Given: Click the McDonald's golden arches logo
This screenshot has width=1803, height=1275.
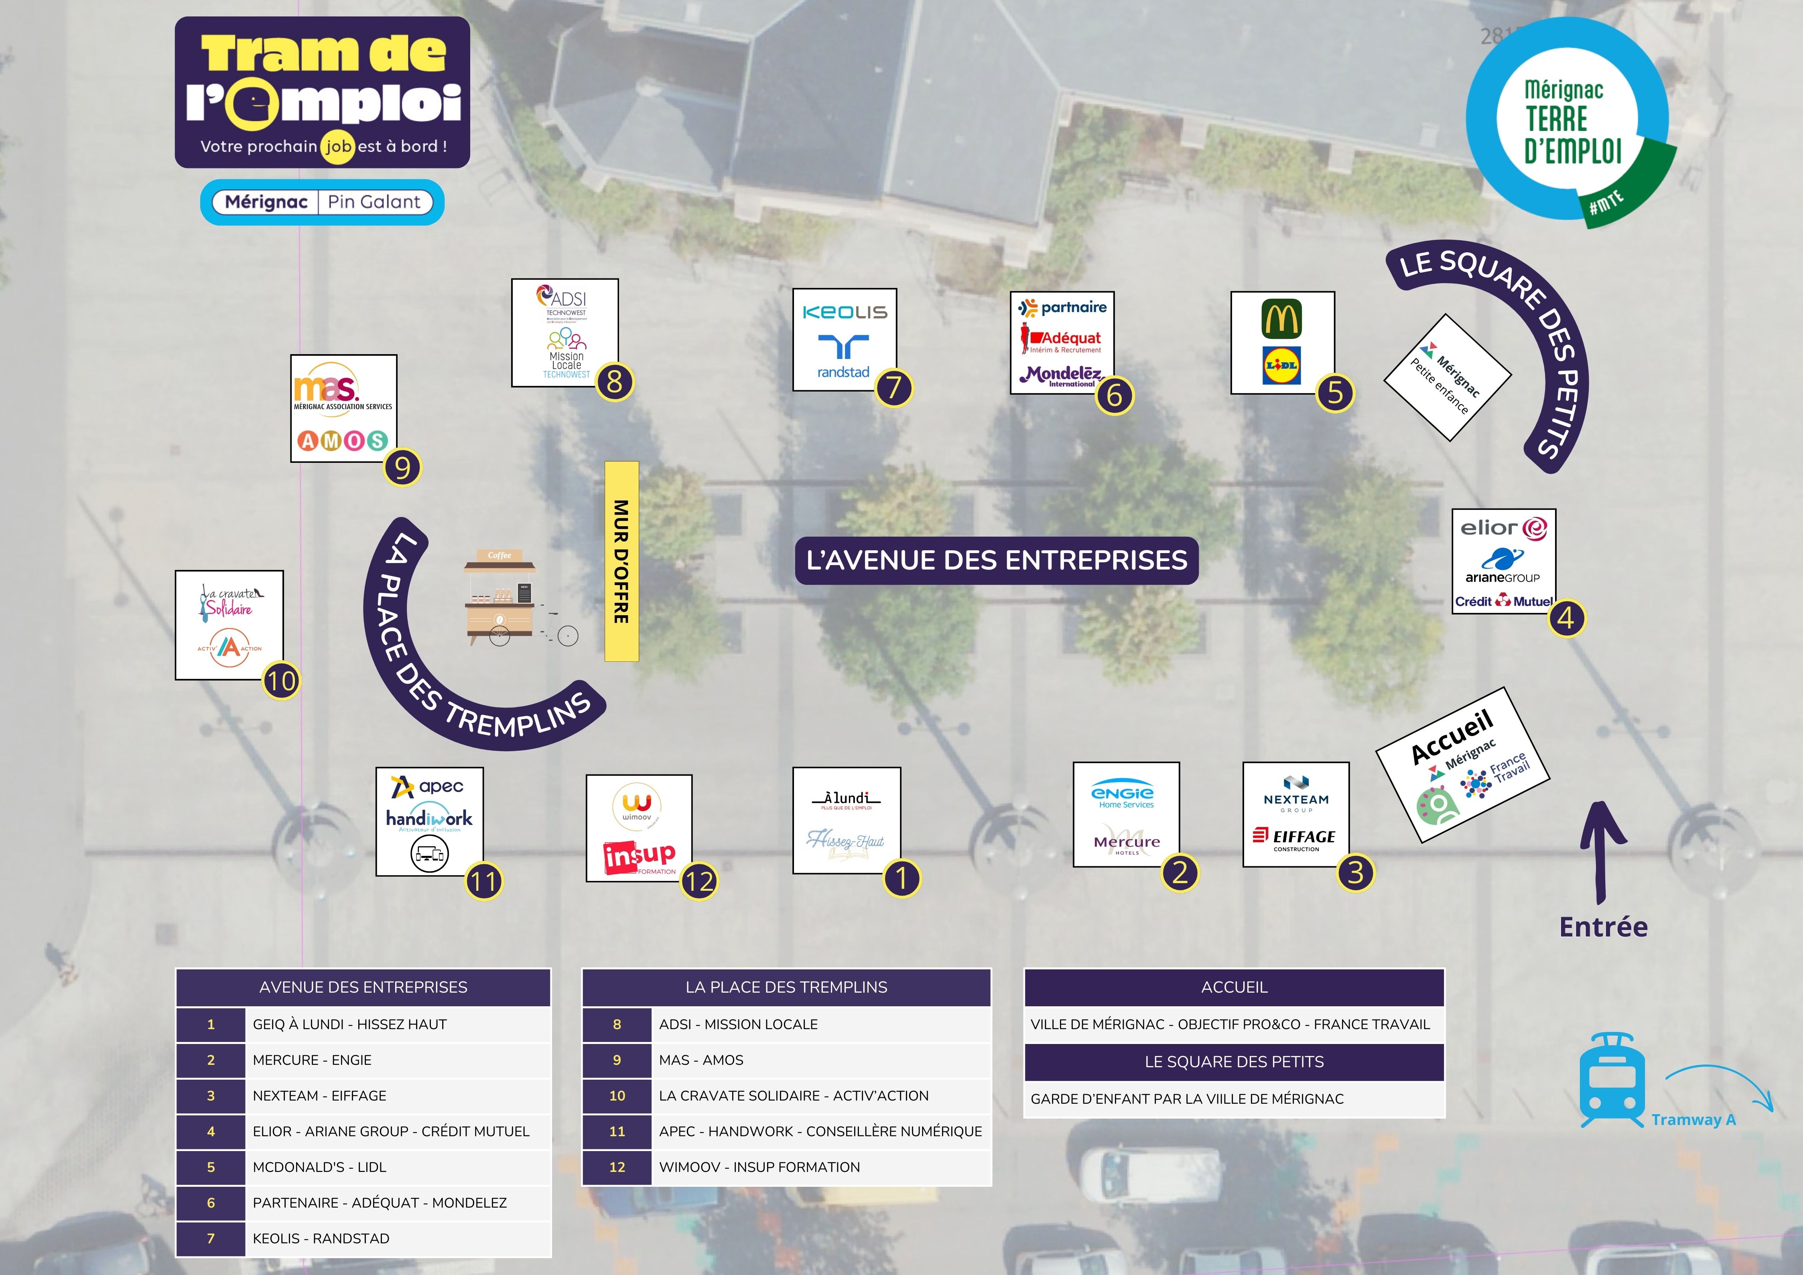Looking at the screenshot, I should click(1281, 319).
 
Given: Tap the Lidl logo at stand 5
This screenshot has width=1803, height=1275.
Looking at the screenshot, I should click(1281, 365).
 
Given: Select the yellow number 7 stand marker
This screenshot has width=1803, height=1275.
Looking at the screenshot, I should click(893, 388).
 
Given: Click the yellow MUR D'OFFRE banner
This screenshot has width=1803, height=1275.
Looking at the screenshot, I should click(621, 561).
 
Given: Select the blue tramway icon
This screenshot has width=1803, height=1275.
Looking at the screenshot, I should click(1611, 1081).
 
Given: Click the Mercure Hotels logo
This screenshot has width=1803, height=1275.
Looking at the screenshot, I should click(1126, 841).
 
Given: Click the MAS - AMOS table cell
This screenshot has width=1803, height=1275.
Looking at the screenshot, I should click(820, 1060).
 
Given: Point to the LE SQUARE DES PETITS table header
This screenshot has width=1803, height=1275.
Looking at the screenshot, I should click(1234, 1062).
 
